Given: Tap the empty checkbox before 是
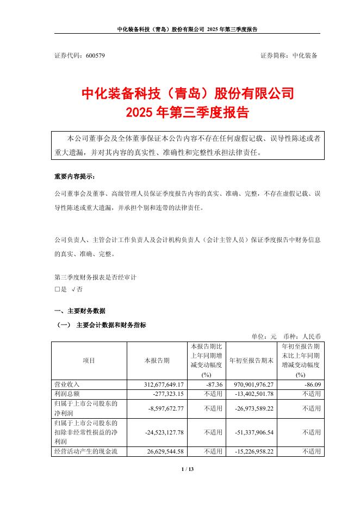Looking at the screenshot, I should pyautogui.click(x=57, y=289).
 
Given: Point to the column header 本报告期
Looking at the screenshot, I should pyautogui.click(x=157, y=360).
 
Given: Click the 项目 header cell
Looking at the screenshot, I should pyautogui.click(x=89, y=360).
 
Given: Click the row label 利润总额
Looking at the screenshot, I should pyautogui.click(x=67, y=393).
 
